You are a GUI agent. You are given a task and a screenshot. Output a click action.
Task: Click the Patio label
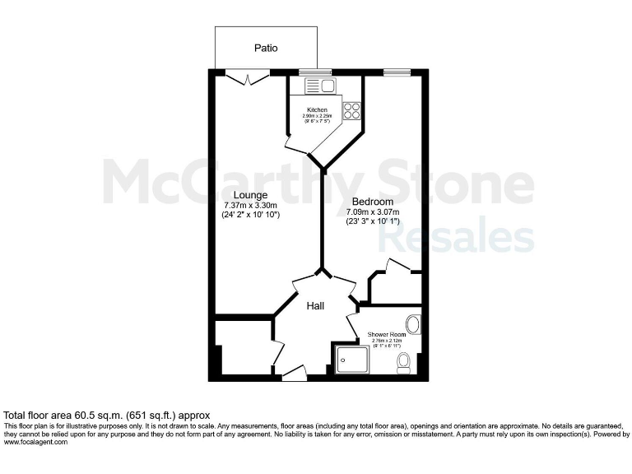pyautogui.click(x=265, y=48)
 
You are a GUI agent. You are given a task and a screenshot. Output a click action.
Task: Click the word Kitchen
pyautogui.click(x=317, y=110)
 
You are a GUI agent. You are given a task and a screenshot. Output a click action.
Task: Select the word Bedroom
pyautogui.click(x=373, y=202)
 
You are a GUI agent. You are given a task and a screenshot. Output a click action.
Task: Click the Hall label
pyautogui.click(x=315, y=306)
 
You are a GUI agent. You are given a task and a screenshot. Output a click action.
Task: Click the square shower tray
pyautogui.click(x=352, y=360)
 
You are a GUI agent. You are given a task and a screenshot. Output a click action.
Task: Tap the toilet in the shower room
pyautogui.click(x=404, y=362)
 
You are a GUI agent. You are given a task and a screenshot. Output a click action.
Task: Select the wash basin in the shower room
pyautogui.click(x=413, y=323)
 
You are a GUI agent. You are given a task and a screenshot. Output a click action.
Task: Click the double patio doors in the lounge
pyautogui.click(x=247, y=77)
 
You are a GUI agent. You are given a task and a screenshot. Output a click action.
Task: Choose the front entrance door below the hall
pyautogui.click(x=294, y=373)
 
